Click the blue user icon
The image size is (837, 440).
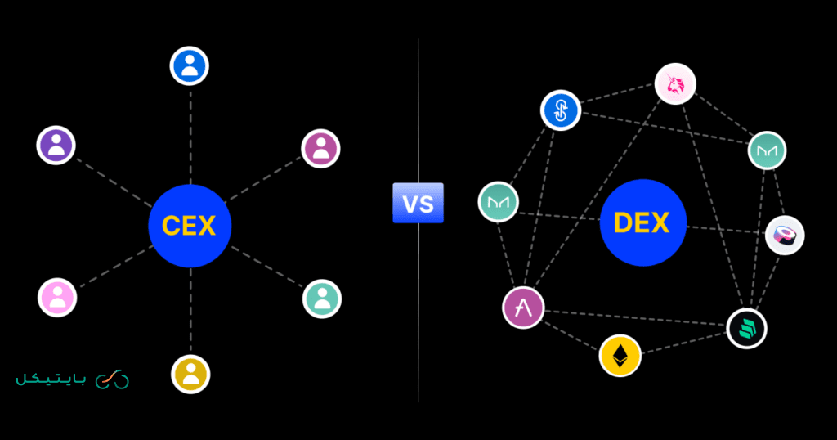[x=190, y=65]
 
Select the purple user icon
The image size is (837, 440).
[x=56, y=146]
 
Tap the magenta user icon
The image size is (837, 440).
[x=320, y=148]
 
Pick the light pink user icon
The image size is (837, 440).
[x=57, y=297]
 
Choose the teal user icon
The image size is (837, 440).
[x=321, y=298]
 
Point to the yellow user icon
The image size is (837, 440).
[x=190, y=374]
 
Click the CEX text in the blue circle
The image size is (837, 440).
[x=190, y=225]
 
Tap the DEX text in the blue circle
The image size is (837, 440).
[x=641, y=223]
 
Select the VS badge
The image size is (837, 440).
[x=418, y=204]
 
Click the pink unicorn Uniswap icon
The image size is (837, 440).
[x=675, y=83]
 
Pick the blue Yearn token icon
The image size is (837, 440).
[x=561, y=110]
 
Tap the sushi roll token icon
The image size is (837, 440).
[x=785, y=236]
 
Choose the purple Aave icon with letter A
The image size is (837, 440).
[x=523, y=308]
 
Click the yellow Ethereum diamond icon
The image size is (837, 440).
[x=620, y=355]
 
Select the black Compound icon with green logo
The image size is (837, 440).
[x=746, y=329]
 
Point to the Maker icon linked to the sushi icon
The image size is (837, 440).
[x=767, y=150]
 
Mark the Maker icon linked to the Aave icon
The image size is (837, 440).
[x=499, y=201]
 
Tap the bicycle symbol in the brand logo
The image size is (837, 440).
[x=112, y=379]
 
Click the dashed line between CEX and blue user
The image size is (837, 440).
[x=190, y=135]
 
